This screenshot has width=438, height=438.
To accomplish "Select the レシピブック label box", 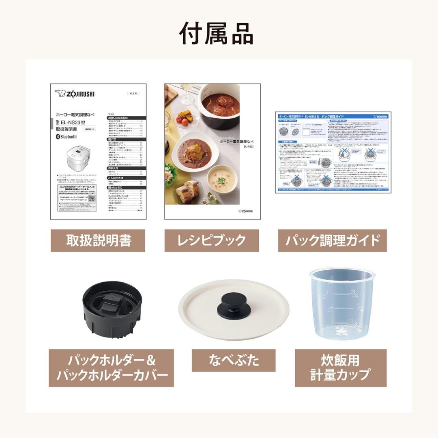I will [212, 240].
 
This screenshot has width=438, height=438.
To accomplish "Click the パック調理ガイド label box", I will [332, 240].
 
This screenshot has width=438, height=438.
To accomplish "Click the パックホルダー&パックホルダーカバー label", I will [112, 367].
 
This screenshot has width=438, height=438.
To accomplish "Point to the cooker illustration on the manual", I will [81, 159].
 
